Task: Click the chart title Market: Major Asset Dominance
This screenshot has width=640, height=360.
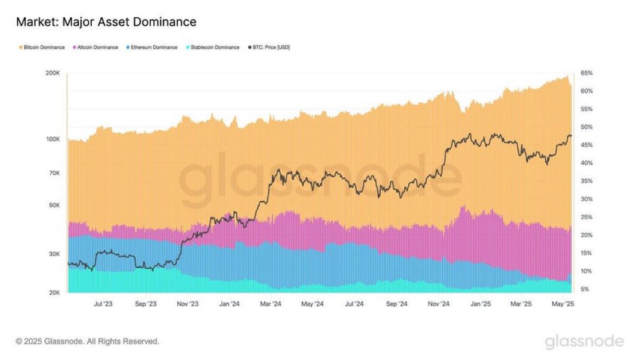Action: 106,22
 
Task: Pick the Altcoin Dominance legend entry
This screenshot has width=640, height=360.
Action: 96,47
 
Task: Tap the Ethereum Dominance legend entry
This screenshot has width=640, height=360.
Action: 152,47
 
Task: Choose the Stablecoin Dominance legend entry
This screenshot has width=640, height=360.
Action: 212,47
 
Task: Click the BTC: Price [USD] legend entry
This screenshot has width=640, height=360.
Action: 269,47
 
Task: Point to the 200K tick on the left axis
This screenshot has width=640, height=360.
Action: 53,73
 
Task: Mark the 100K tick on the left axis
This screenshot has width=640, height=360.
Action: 53,139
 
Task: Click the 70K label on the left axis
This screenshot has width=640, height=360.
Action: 55,173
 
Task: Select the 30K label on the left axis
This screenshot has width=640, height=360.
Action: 55,255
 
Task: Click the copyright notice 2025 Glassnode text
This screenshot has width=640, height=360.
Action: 87,342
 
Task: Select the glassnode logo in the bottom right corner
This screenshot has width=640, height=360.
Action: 584,342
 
